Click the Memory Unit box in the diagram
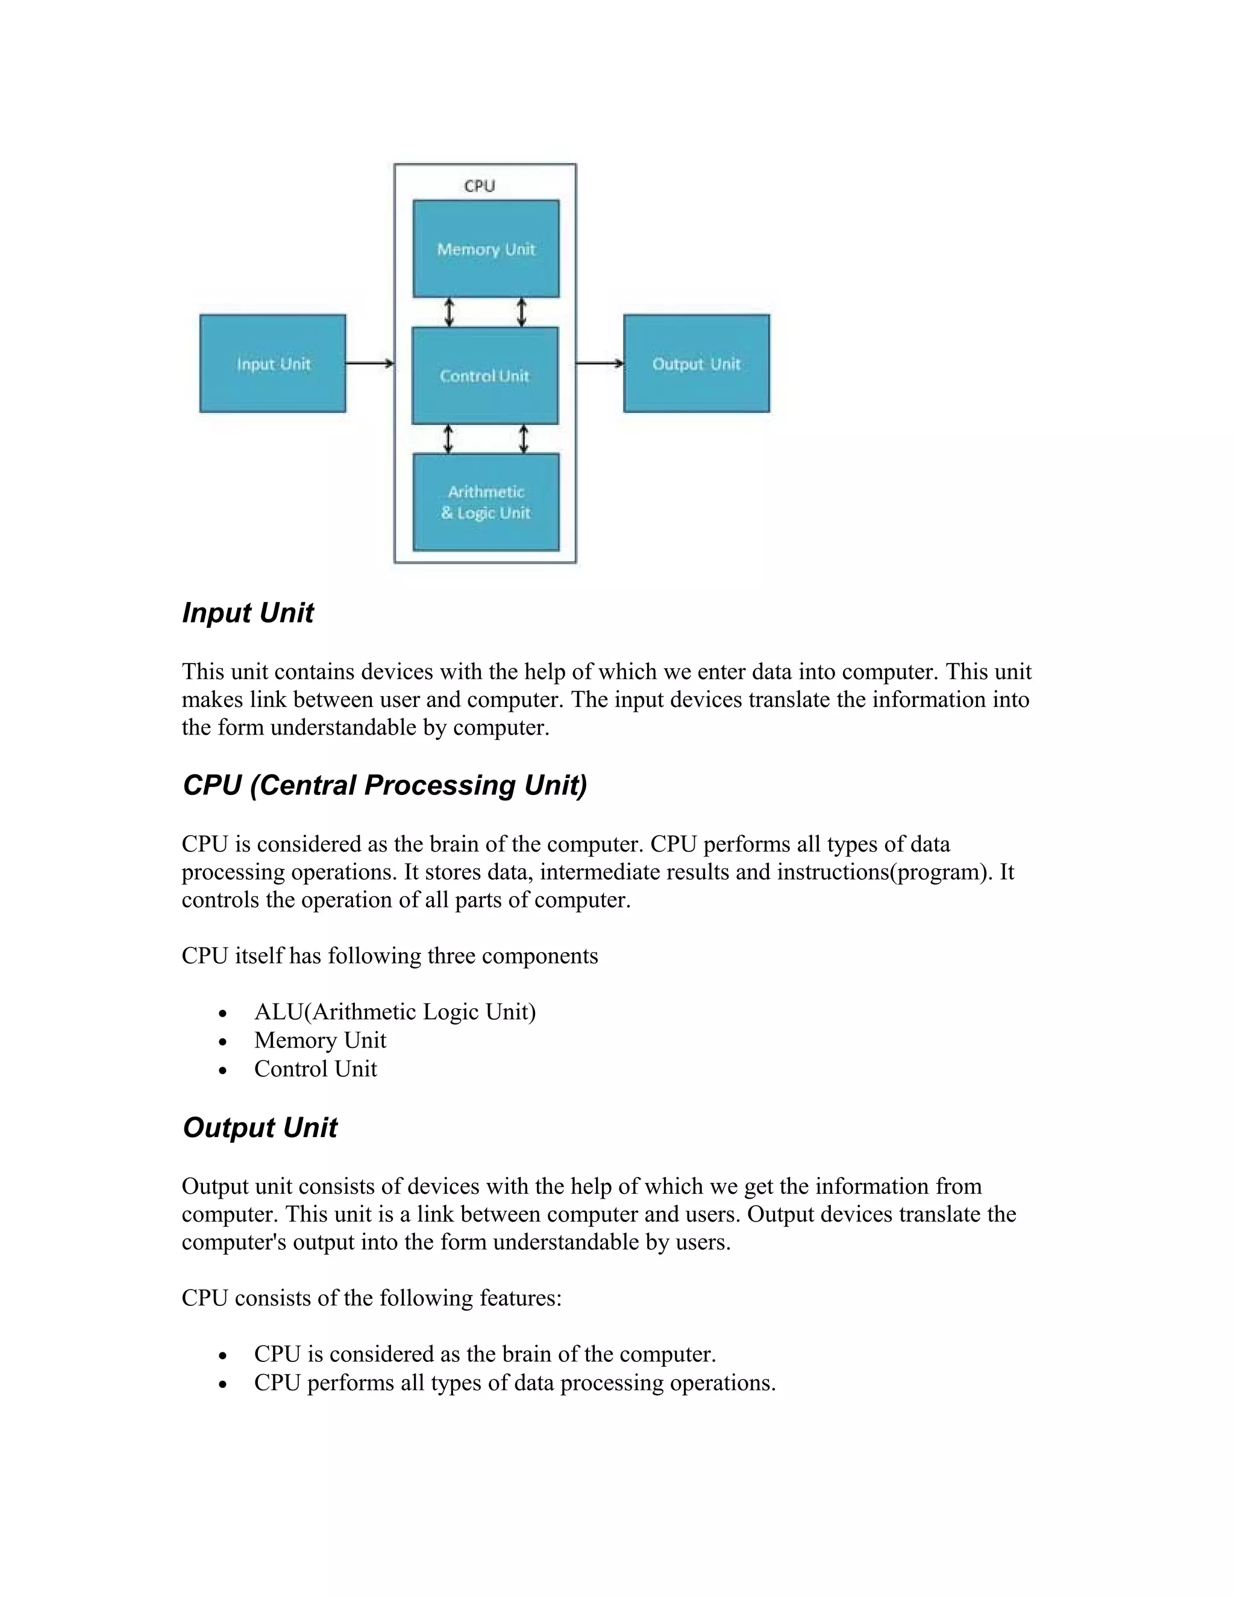click(486, 249)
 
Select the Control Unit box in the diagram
click(484, 376)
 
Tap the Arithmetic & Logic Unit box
click(486, 503)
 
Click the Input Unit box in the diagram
click(273, 363)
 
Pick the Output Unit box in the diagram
click(696, 363)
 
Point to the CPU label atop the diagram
click(480, 186)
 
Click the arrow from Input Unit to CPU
click(369, 363)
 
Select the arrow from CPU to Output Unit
click(600, 363)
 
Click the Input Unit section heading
click(248, 613)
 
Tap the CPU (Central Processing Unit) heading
click(384, 785)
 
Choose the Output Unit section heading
click(260, 1128)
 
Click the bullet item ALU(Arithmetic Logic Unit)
click(395, 1012)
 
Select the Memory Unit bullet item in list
click(320, 1041)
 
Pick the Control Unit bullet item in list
click(315, 1069)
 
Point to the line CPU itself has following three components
click(390, 956)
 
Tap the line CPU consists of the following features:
click(371, 1298)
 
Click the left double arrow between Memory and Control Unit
click(449, 312)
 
